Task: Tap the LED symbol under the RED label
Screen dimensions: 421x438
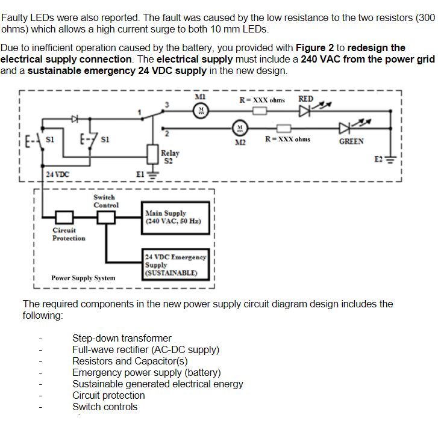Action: (x=305, y=111)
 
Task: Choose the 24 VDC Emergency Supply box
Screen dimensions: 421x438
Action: (x=175, y=265)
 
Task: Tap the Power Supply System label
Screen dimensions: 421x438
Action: (x=83, y=278)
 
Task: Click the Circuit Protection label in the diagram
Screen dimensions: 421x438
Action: (x=69, y=234)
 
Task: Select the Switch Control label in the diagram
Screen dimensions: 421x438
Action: (x=106, y=201)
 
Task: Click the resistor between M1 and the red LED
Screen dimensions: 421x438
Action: (x=260, y=111)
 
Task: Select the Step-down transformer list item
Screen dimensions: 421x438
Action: (x=122, y=338)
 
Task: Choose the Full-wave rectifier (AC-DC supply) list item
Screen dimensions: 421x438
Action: (x=146, y=349)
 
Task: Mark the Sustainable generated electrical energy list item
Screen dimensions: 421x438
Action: (x=158, y=384)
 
